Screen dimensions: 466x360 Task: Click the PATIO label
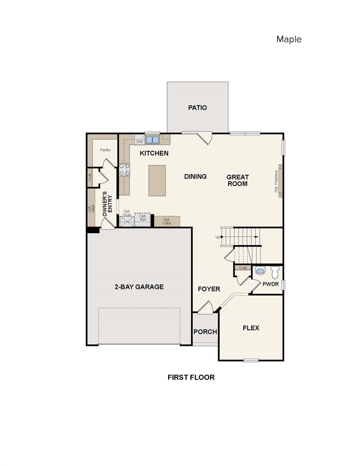pos(197,108)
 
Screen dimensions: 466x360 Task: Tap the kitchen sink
pos(152,140)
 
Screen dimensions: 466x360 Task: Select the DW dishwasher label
pos(140,142)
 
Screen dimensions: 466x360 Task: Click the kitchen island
pos(157,181)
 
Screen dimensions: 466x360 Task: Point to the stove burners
pos(124,170)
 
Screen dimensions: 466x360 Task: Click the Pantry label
pos(106,150)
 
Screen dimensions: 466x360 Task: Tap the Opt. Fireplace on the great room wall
pos(280,181)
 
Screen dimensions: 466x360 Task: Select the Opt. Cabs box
pos(167,221)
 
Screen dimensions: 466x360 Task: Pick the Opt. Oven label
pos(127,213)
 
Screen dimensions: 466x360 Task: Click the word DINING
pos(195,177)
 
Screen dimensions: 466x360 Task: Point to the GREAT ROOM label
pos(237,180)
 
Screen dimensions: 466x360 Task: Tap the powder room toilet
pos(275,272)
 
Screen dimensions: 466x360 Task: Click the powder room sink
pos(260,270)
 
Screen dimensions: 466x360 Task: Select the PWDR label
pos(271,284)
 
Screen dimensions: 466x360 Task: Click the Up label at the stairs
pos(218,237)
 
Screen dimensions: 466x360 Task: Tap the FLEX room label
pos(251,328)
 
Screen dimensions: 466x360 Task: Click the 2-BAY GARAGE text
pos(139,287)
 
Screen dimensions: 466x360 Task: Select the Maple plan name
pos(289,39)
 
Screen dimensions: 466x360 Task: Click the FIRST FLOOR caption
pos(191,377)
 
